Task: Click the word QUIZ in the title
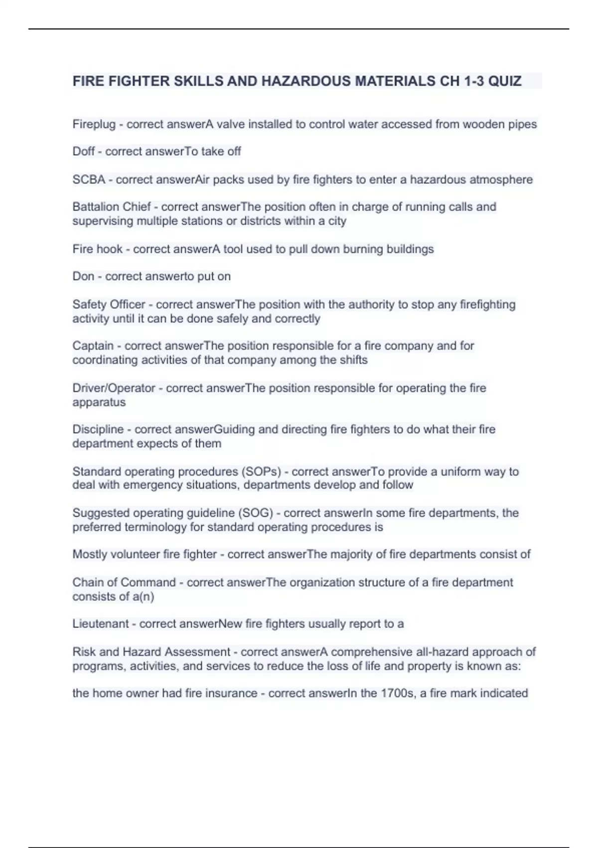point(504,81)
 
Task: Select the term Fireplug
point(94,124)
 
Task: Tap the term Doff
point(83,151)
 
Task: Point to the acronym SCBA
point(89,179)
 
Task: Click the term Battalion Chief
point(112,207)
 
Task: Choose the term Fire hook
point(97,249)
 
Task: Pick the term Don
point(83,276)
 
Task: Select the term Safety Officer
point(109,304)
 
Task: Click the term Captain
point(93,346)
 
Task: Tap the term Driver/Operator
point(114,388)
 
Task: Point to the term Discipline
point(98,429)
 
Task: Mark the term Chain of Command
point(124,582)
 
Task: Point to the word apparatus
point(99,402)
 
